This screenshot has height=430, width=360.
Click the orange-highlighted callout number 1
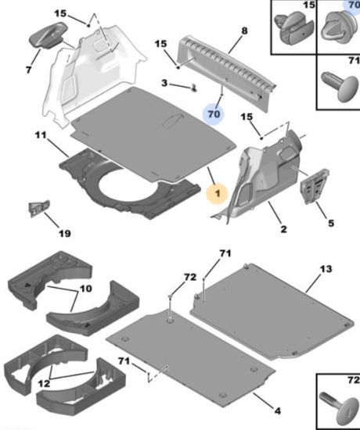(218, 194)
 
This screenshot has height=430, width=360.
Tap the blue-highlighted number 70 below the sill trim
(214, 114)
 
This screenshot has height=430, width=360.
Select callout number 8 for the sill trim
(244, 30)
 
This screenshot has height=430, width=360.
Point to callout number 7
(29, 70)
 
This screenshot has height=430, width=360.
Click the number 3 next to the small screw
(164, 83)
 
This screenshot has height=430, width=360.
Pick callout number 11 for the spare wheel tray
(41, 135)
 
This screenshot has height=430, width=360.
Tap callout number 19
(64, 234)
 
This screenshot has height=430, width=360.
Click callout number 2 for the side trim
(283, 229)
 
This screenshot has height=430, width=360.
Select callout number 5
(331, 224)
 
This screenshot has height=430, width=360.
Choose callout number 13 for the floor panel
(326, 269)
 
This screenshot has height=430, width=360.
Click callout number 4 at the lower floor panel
(278, 410)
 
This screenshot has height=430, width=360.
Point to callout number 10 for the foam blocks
(85, 288)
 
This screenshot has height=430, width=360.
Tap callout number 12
(44, 383)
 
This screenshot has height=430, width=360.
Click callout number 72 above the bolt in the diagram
(190, 278)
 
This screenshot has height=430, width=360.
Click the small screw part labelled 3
(194, 88)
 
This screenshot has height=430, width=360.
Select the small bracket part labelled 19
(39, 208)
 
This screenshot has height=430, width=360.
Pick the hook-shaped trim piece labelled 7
(48, 36)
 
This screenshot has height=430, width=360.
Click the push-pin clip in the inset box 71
(340, 86)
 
